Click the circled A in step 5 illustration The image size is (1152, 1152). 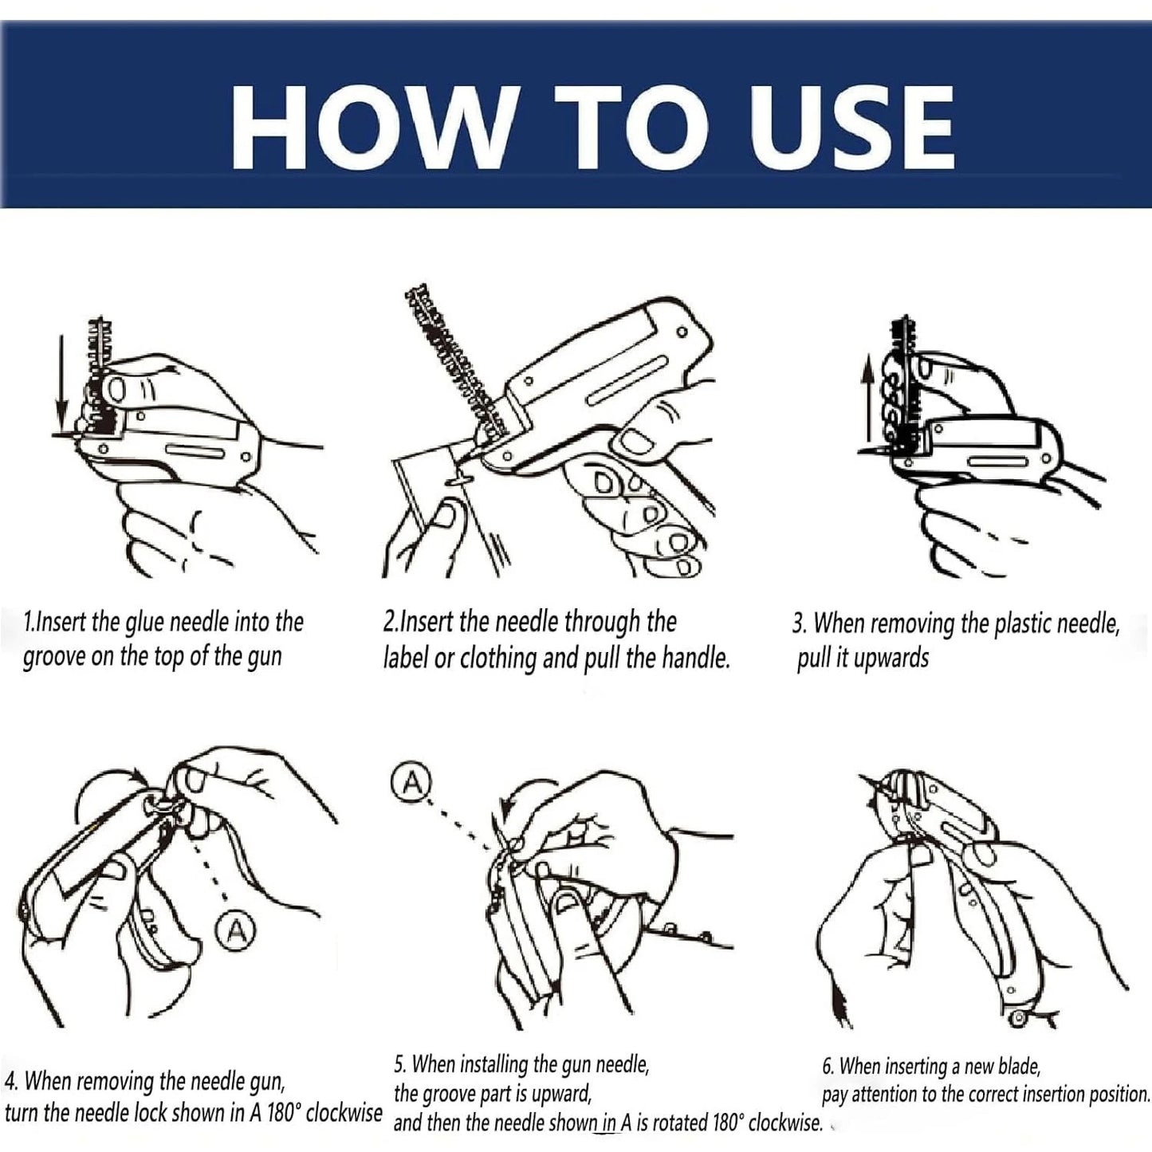411,783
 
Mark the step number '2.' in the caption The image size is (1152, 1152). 390,622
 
